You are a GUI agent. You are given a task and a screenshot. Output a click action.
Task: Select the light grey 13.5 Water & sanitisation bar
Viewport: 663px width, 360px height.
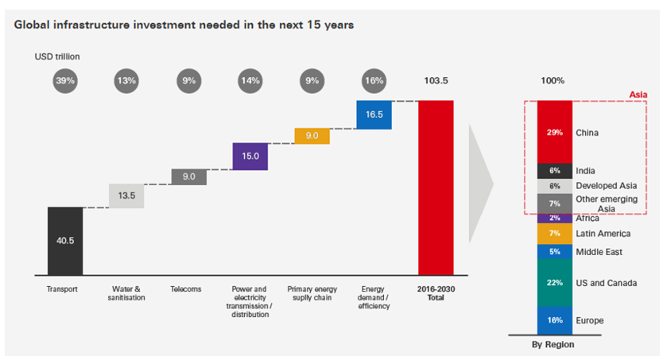click(126, 195)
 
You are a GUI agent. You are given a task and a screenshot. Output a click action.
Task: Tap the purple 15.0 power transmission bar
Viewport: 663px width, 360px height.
click(250, 157)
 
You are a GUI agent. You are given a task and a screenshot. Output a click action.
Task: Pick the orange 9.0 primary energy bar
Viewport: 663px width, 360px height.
click(312, 136)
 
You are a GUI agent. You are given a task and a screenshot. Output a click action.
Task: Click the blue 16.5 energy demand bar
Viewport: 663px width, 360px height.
click(374, 114)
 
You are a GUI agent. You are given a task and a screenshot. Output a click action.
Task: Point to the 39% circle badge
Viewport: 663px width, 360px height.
click(65, 79)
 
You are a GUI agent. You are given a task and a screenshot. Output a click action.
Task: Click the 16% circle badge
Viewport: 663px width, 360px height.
click(374, 79)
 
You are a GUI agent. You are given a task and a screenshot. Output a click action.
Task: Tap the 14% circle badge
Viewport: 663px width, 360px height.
click(250, 79)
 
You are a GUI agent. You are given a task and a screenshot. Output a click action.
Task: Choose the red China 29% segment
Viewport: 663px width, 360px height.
click(554, 132)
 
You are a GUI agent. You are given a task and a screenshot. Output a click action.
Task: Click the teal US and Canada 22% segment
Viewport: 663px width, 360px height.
click(554, 283)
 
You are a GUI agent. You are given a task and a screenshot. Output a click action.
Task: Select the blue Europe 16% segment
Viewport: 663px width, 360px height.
click(554, 320)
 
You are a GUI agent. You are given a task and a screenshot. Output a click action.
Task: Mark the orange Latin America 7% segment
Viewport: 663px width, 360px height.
click(554, 234)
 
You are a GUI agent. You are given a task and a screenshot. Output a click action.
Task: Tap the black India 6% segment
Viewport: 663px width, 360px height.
click(554, 171)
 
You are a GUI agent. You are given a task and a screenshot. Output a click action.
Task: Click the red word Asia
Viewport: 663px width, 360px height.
click(638, 94)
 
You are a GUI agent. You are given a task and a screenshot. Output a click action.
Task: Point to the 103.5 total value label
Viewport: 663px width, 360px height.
click(436, 80)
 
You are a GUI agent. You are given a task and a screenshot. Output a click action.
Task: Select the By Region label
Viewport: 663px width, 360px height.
click(554, 345)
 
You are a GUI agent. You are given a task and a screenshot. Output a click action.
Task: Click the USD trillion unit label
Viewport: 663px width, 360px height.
click(57, 56)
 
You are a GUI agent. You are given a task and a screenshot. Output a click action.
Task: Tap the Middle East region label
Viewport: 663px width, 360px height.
click(599, 252)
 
